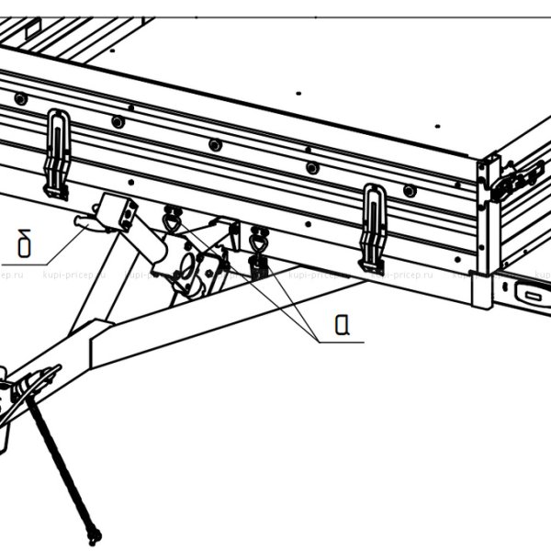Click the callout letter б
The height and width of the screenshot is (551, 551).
25,246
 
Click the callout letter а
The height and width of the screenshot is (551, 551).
341,324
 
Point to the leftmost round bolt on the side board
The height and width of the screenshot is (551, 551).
20,98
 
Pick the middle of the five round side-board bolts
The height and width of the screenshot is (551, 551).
215,145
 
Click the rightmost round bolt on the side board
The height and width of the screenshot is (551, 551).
410,191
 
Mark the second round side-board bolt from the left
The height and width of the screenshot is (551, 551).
118,122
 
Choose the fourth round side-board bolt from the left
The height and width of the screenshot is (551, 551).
312,168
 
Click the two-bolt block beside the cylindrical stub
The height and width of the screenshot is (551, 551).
118,212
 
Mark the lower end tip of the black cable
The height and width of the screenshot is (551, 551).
93,538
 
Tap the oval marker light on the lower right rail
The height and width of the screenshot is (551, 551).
530,295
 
